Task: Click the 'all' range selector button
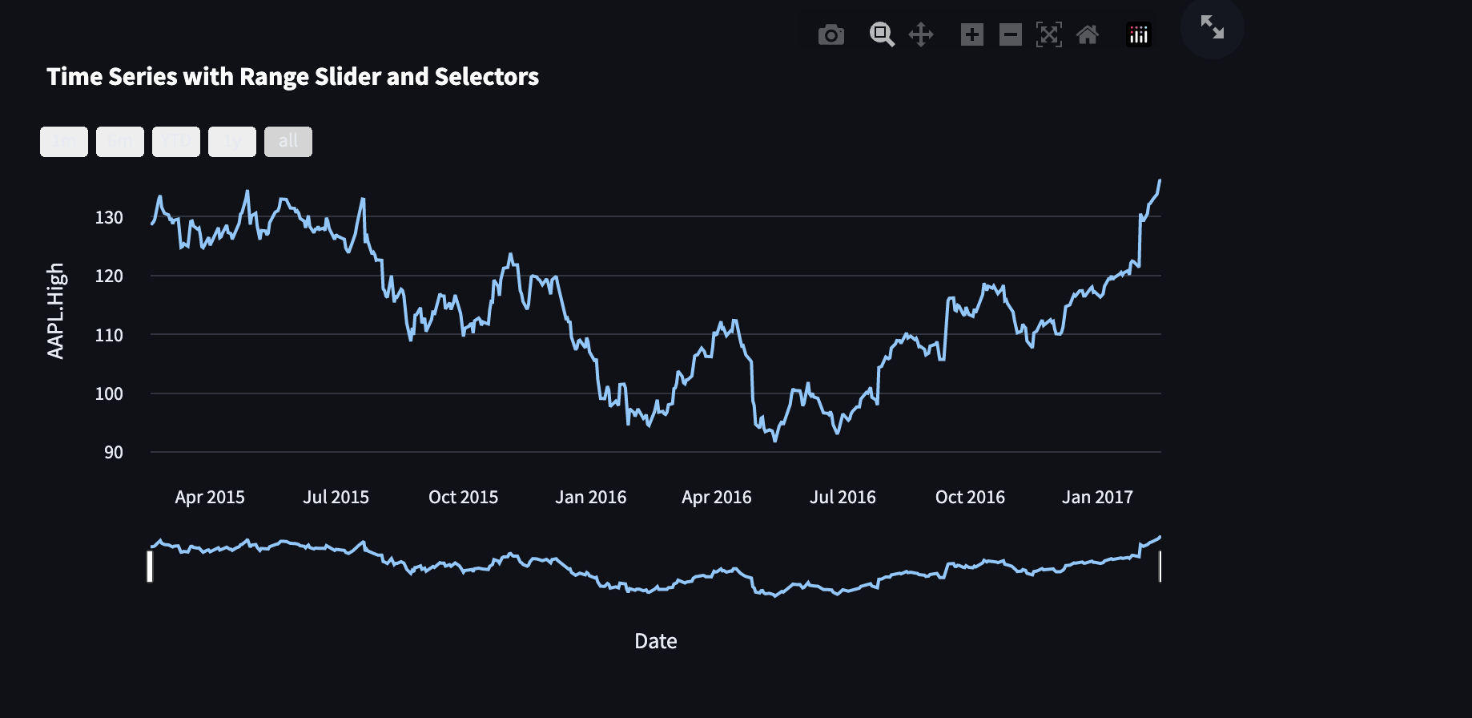click(x=288, y=142)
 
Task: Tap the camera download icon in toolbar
click(x=831, y=35)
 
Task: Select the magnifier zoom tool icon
click(x=882, y=34)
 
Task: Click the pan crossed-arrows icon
click(x=921, y=34)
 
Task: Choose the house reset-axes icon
click(x=1087, y=34)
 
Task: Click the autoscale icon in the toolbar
click(x=1048, y=34)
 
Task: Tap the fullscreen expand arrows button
click(x=1212, y=28)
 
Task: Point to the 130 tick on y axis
click(x=109, y=217)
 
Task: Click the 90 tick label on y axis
click(x=113, y=452)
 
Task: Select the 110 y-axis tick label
click(x=109, y=335)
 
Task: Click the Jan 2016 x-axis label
click(x=590, y=497)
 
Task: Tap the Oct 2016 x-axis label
click(x=970, y=497)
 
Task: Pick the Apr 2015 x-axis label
click(x=210, y=497)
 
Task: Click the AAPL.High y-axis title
click(x=55, y=311)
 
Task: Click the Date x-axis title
click(x=655, y=641)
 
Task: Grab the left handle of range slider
click(x=150, y=566)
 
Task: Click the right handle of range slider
click(x=1160, y=566)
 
